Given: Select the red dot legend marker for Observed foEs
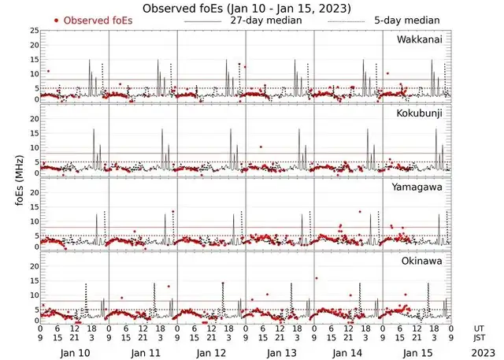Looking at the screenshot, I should click(x=56, y=20).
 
